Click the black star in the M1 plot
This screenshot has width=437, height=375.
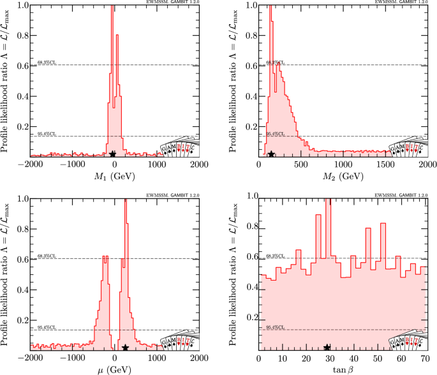point(113,154)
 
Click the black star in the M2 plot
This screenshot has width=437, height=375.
point(271,154)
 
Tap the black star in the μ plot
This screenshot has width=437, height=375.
point(126,348)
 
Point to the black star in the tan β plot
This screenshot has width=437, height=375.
point(327,348)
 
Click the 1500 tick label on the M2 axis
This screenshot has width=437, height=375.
point(386,165)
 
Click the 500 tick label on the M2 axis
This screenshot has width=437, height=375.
point(301,165)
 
